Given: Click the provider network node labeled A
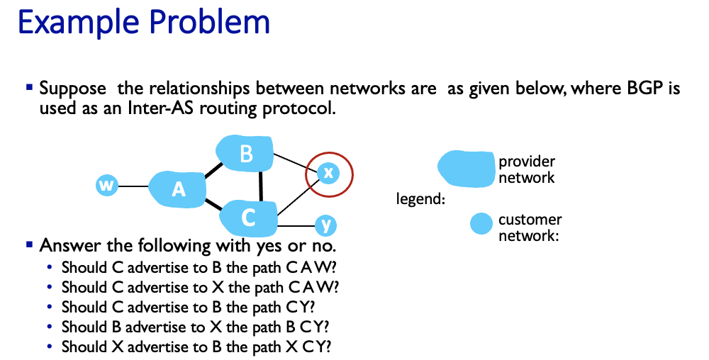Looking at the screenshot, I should pos(178,189).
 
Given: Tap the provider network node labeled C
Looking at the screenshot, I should pos(247,218).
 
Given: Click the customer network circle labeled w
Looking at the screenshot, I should pos(106,186).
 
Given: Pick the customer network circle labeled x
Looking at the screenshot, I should pos(327,172).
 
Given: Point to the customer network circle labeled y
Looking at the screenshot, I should pos(325,226).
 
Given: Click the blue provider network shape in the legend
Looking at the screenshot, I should pos(467,169).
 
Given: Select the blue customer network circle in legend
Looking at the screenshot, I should pos(481,224).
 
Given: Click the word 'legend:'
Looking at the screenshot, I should pos(420,199).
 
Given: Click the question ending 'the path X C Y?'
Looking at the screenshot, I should pos(196,347).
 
